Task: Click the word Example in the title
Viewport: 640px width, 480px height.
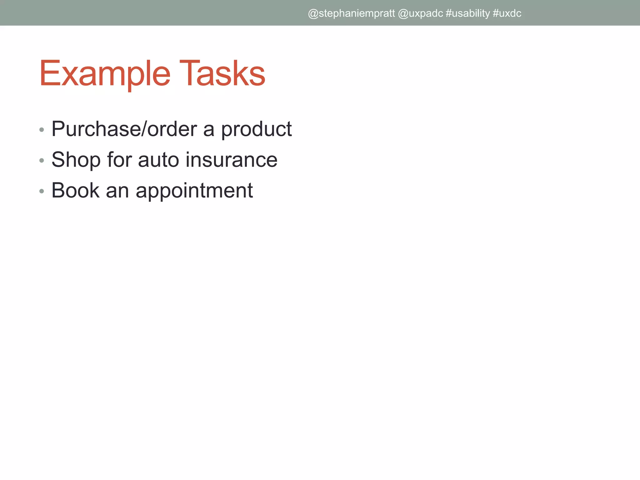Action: point(105,74)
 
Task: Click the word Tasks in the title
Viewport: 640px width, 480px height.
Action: point(222,74)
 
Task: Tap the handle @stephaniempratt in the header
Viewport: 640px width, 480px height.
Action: point(351,13)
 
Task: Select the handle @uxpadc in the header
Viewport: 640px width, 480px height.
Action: point(420,13)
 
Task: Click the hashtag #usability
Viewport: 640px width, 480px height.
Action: point(467,13)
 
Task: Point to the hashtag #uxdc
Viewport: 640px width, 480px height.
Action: point(507,13)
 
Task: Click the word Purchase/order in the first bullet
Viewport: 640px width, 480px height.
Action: point(124,129)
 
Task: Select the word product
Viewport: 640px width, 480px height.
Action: point(256,129)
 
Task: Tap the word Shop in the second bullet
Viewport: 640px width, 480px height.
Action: point(76,160)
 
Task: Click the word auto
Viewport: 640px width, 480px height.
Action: point(158,160)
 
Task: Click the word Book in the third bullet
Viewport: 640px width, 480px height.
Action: point(75,190)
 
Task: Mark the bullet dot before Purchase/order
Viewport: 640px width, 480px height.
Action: point(42,130)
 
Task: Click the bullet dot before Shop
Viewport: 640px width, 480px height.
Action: point(42,161)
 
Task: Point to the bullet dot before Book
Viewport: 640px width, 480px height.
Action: point(42,191)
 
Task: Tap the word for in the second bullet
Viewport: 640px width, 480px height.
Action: point(119,160)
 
